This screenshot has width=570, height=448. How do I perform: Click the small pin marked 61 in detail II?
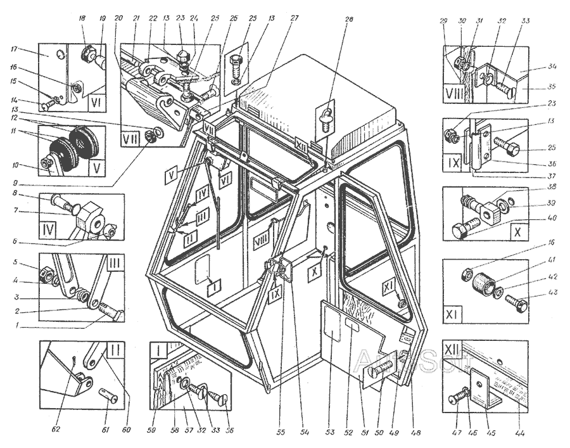point(109,398)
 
